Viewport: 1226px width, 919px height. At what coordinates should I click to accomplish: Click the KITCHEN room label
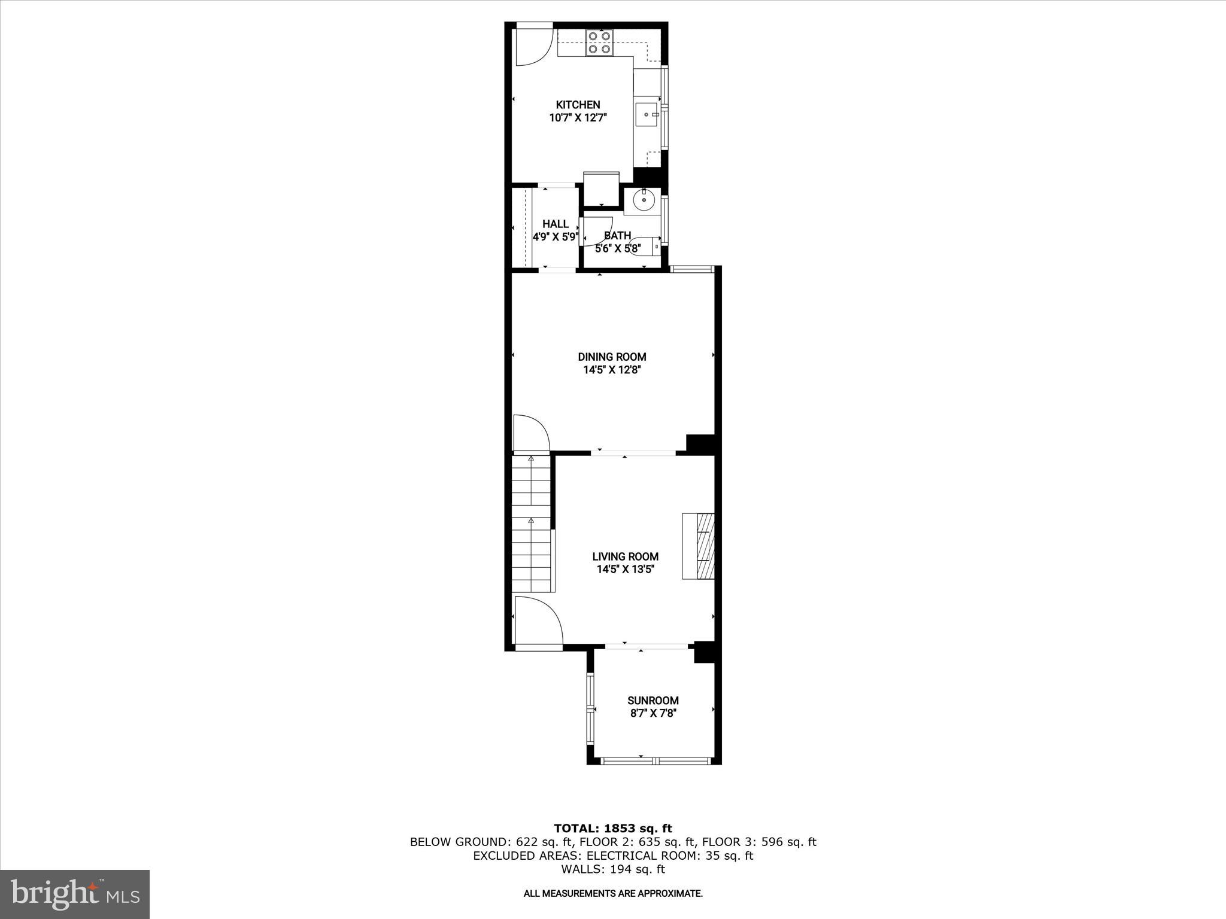pos(578,105)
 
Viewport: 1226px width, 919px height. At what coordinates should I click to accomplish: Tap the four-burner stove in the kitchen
pos(600,42)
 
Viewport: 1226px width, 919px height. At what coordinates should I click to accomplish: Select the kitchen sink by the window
pos(647,114)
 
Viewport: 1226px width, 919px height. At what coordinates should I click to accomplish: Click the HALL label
pos(556,224)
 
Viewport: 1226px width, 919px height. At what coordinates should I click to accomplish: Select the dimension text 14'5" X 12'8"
pos(612,370)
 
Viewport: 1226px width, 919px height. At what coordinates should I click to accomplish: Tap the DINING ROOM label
pos(612,357)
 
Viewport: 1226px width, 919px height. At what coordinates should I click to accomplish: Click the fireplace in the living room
pos(699,546)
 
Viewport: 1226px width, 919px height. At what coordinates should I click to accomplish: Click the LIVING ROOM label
pos(625,556)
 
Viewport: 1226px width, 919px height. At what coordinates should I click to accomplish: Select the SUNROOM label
pos(653,700)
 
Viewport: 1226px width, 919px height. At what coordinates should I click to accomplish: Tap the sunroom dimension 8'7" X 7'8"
pos(653,713)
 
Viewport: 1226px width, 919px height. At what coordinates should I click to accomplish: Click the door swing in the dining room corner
pos(530,432)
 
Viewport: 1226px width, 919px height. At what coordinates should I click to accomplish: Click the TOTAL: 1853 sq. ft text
pos(613,829)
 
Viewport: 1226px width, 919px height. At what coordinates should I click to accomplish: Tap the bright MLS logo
pos(75,894)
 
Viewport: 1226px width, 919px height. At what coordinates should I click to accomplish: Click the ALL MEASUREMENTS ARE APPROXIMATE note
pos(613,893)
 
